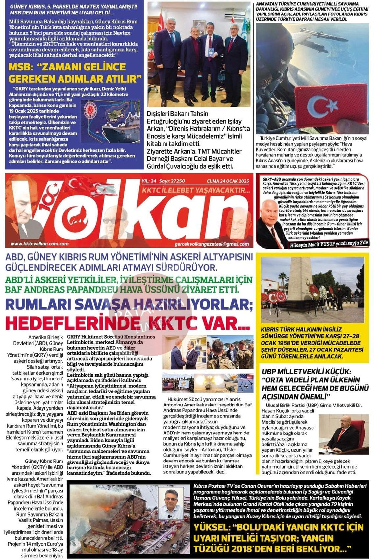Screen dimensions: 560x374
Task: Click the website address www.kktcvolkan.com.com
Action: (39, 244)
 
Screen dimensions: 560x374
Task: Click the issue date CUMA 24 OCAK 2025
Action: (228, 181)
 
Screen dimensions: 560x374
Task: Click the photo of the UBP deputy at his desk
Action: (344, 434)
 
